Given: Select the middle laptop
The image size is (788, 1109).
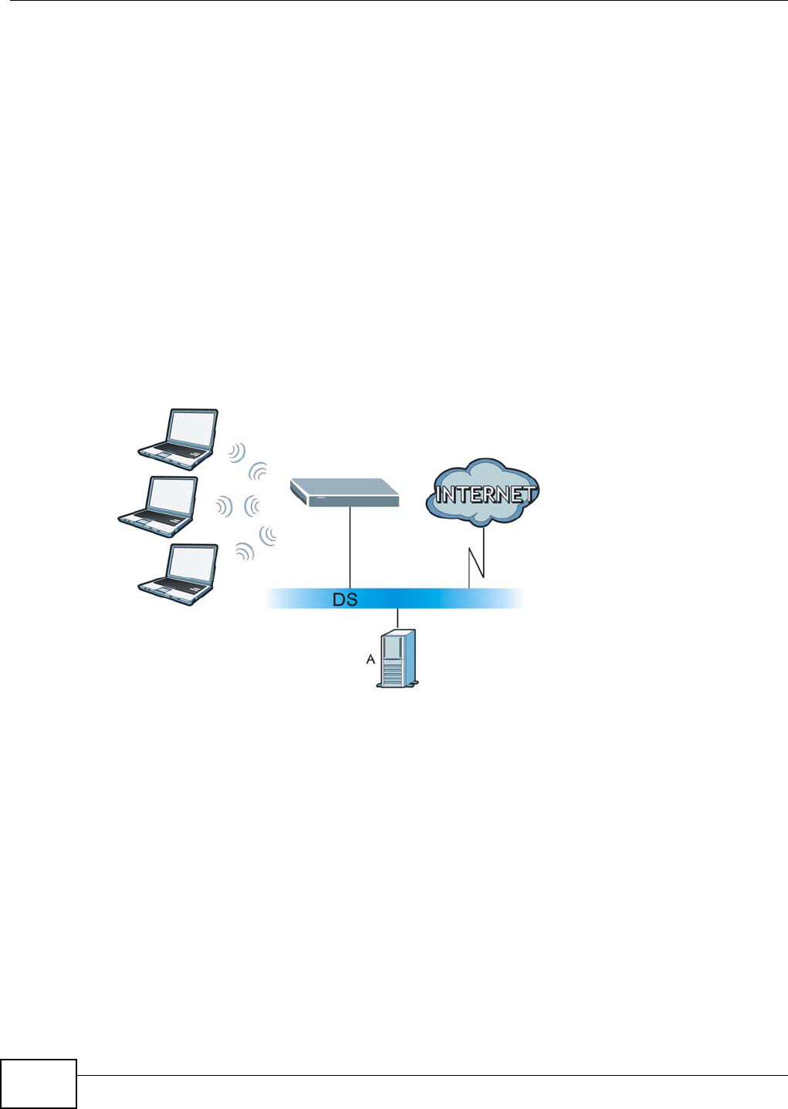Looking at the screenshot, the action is click(x=159, y=506).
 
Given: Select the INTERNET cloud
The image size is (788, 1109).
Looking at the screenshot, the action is click(x=483, y=492).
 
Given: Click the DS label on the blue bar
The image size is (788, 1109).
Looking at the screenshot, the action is click(x=345, y=600).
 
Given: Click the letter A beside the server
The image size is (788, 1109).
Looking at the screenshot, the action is click(x=370, y=659).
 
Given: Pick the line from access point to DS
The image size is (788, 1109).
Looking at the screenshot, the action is click(x=350, y=547).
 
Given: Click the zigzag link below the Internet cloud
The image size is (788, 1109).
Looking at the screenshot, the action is click(x=477, y=556).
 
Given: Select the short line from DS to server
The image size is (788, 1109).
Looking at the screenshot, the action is click(x=397, y=618).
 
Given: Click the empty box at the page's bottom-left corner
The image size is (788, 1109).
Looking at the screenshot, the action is click(x=39, y=1084).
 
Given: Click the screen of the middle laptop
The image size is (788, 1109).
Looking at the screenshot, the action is click(x=172, y=495).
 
